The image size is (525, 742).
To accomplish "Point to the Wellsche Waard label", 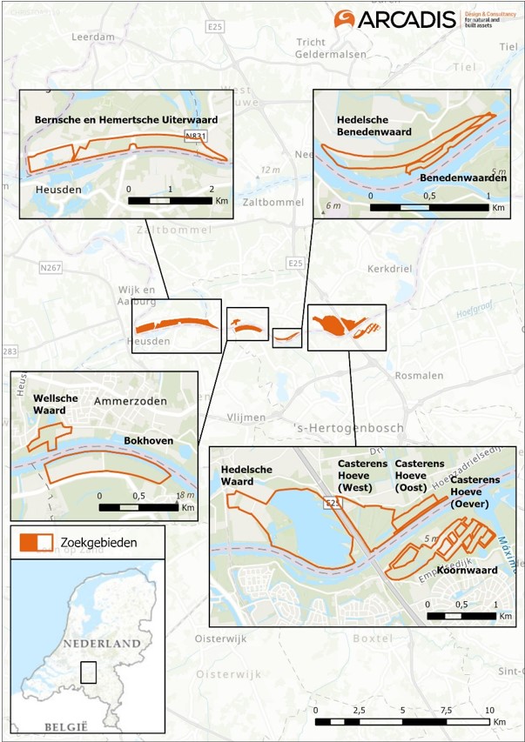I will pyautogui.click(x=56, y=404).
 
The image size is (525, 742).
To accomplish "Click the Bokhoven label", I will pyautogui.click(x=148, y=440).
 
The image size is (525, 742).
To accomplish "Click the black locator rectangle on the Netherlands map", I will pyautogui.click(x=87, y=672).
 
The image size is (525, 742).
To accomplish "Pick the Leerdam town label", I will pyautogui.click(x=97, y=37).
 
